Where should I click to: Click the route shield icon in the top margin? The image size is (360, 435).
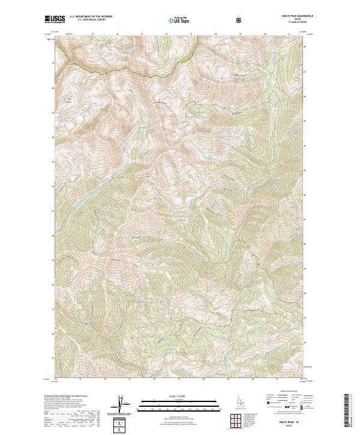(x=240, y=20)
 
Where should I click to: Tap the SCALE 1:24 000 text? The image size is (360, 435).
(x=179, y=396)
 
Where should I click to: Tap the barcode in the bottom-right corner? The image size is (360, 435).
(x=347, y=409)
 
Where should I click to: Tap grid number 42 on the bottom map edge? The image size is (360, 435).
(x=301, y=379)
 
